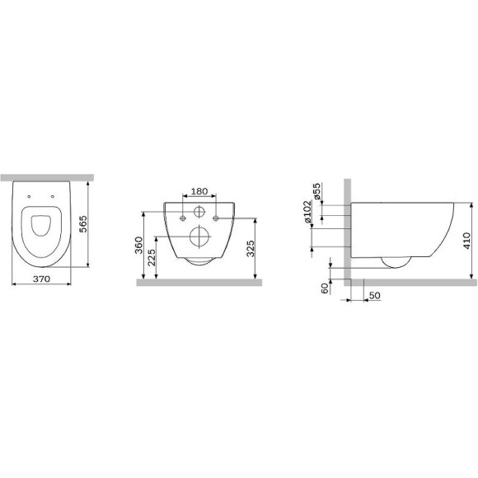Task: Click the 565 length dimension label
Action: pos(83,224)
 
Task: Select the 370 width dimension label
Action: pos(41,279)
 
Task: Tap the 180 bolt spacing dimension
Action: pos(199,191)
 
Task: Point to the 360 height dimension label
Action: pos(138,245)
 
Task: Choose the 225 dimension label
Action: pos(152,258)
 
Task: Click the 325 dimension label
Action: pos(251,248)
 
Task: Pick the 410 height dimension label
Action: pos(466,241)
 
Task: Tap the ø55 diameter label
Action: pos(316,191)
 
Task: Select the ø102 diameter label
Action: pos(308,212)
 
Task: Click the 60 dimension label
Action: pos(326,288)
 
